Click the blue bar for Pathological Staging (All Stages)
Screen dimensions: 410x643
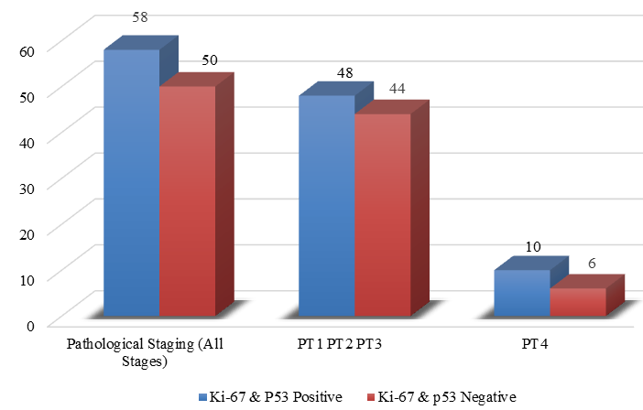[131, 183]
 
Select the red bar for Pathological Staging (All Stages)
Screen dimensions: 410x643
[187, 201]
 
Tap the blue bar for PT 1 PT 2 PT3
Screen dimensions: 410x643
[327, 206]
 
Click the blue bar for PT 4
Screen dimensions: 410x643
[522, 293]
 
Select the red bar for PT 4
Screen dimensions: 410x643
[578, 302]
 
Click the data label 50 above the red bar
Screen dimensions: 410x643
[209, 59]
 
